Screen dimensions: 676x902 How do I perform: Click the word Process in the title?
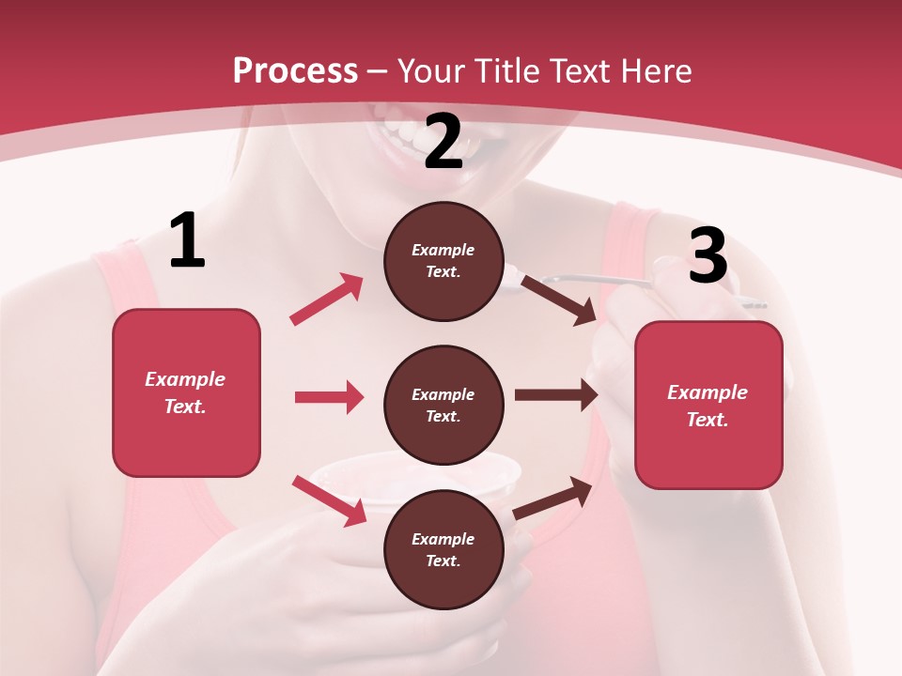tap(295, 71)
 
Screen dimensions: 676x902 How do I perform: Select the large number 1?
tap(187, 242)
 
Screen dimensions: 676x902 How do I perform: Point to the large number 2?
tap(443, 143)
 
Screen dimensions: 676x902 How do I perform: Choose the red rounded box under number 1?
tap(186, 392)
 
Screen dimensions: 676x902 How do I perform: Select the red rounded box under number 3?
tap(708, 405)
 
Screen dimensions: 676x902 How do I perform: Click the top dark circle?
tap(443, 261)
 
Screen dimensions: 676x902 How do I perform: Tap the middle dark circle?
tap(443, 405)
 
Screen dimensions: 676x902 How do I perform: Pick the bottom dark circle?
tap(443, 549)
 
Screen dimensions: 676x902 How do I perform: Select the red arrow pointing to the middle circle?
tap(329, 397)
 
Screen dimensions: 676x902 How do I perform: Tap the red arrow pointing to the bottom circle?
tap(329, 499)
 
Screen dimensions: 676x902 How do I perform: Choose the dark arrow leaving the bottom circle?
tap(552, 498)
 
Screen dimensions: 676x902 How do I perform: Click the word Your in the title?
tap(430, 71)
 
